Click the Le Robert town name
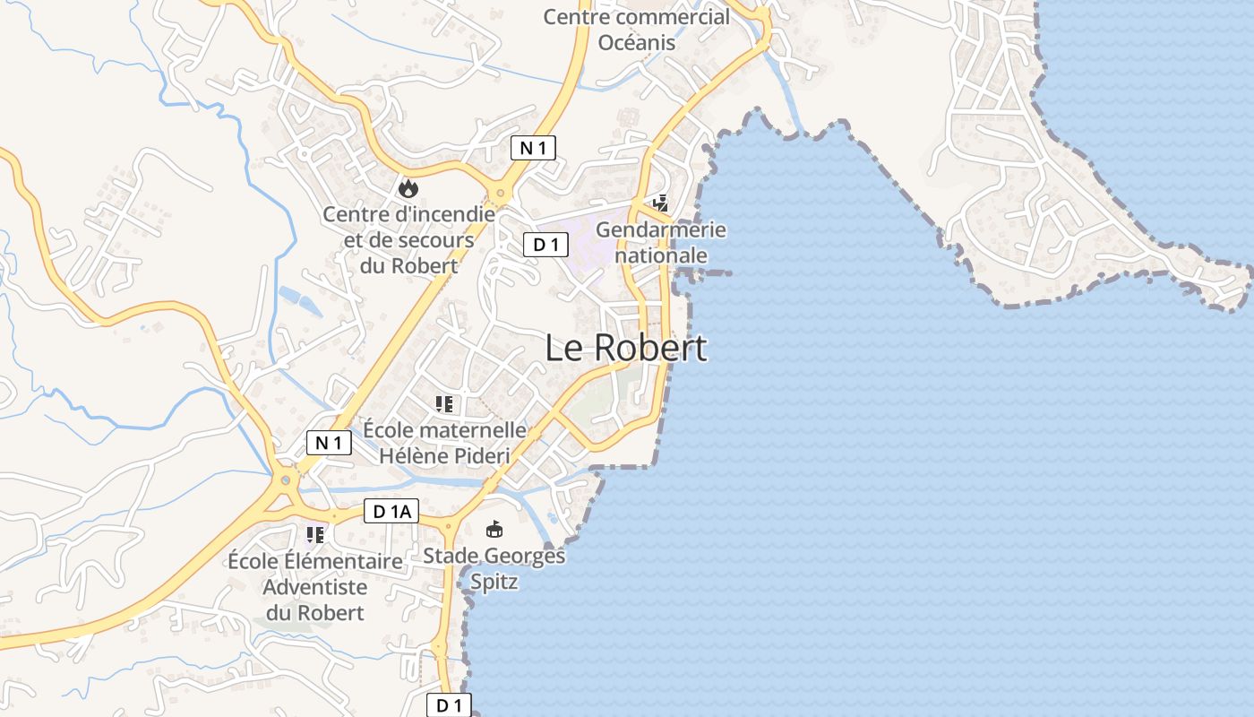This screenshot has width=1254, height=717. tap(626, 348)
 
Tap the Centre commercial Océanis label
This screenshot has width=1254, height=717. tap(636, 29)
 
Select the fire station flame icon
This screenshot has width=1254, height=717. tap(408, 187)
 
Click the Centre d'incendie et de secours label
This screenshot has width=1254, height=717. tap(408, 240)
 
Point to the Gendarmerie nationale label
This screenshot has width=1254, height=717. tap(661, 243)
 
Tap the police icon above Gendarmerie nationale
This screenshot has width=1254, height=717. tap(660, 203)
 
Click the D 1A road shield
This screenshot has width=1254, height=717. tap(391, 512)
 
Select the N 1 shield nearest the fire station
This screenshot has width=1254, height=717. tap(533, 148)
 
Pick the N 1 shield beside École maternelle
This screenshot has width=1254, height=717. tap(329, 442)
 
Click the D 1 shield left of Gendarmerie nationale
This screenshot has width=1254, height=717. tap(545, 244)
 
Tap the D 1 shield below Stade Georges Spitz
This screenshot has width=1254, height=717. tap(449, 705)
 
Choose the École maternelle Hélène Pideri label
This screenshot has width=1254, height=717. tap(444, 443)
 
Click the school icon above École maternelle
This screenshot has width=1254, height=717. tap(443, 404)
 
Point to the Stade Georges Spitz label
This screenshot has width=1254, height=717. tap(494, 569)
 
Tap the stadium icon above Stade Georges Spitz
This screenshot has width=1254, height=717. tap(494, 530)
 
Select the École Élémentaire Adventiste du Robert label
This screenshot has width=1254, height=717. tap(315, 587)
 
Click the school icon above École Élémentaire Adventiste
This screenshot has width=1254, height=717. tap(314, 535)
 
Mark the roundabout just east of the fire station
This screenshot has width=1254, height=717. tap(499, 194)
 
